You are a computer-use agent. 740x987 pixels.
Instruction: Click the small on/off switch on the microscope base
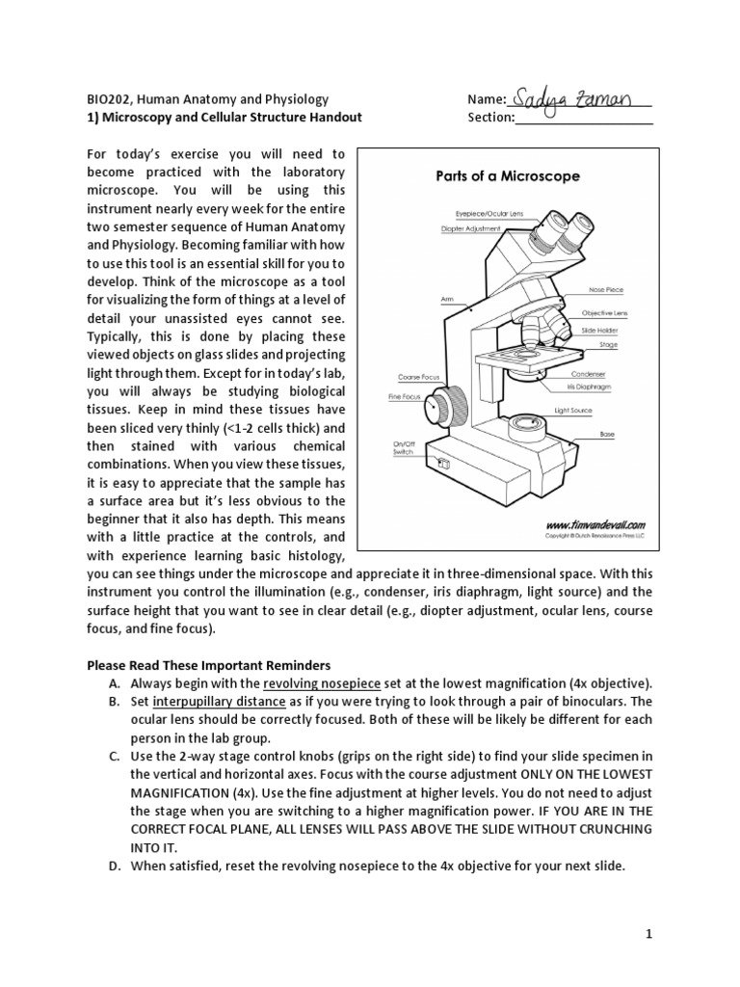pos(444,464)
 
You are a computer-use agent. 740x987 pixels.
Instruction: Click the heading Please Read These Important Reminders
pos(209,664)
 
